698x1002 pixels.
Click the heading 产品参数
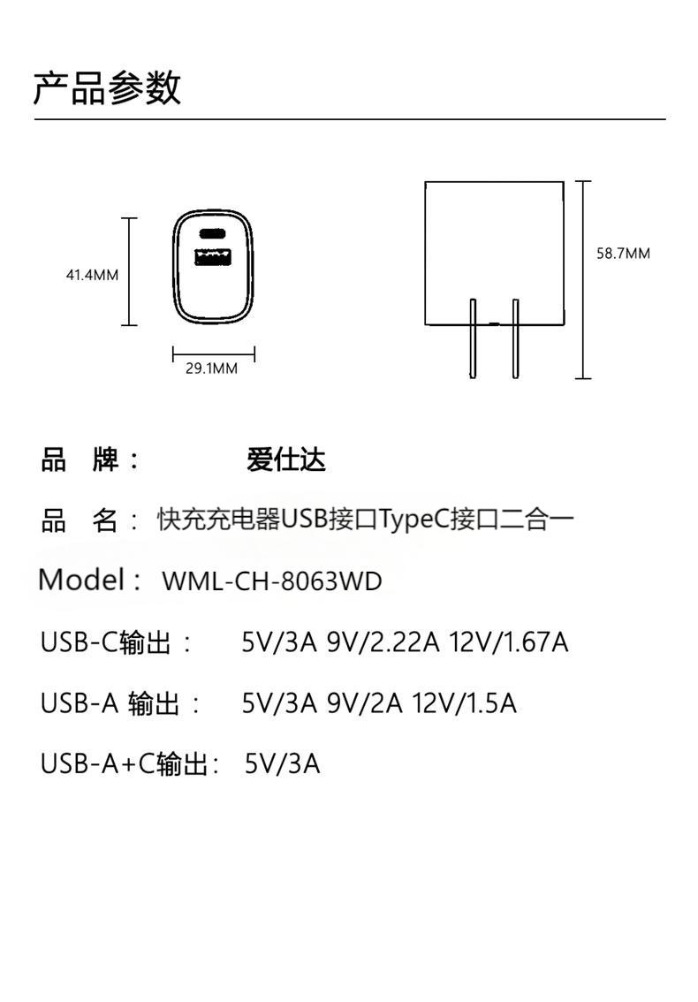(107, 89)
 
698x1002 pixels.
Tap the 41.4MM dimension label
(92, 275)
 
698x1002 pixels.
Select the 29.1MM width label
(211, 368)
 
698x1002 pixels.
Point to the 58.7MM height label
(623, 254)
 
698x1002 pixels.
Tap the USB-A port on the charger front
(213, 259)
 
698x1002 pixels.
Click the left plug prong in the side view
(473, 339)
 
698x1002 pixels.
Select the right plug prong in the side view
(516, 339)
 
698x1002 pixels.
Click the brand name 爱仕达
(286, 459)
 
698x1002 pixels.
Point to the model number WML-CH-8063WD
(272, 581)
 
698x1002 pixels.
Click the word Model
(81, 581)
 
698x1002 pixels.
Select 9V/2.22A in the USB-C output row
(383, 642)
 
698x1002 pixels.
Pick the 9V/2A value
(364, 703)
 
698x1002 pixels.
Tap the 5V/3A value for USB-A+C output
(282, 763)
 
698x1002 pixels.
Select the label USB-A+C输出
(125, 763)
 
